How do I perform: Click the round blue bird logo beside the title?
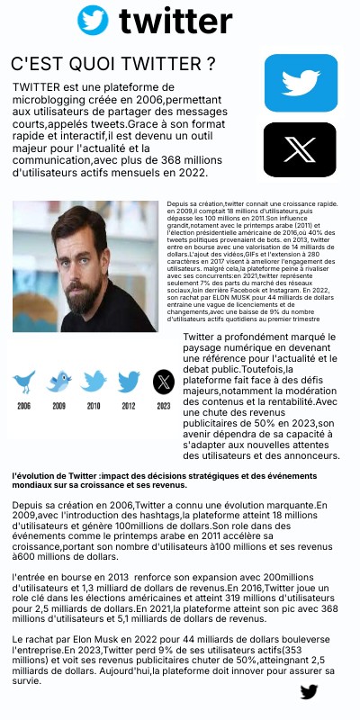(93, 21)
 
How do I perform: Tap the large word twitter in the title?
(175, 21)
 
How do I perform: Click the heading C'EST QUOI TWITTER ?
(112, 64)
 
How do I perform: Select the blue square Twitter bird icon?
(301, 83)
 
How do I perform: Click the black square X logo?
(300, 149)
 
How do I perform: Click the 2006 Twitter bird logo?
(24, 382)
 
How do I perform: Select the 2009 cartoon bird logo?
(58, 382)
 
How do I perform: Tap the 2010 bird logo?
(94, 382)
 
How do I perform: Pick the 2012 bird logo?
(129, 382)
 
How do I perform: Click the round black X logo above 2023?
(163, 382)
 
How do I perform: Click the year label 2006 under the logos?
(24, 406)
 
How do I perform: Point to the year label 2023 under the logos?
(163, 406)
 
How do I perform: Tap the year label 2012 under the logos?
(129, 406)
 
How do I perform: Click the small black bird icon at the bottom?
(309, 691)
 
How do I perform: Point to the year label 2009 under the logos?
(58, 406)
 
